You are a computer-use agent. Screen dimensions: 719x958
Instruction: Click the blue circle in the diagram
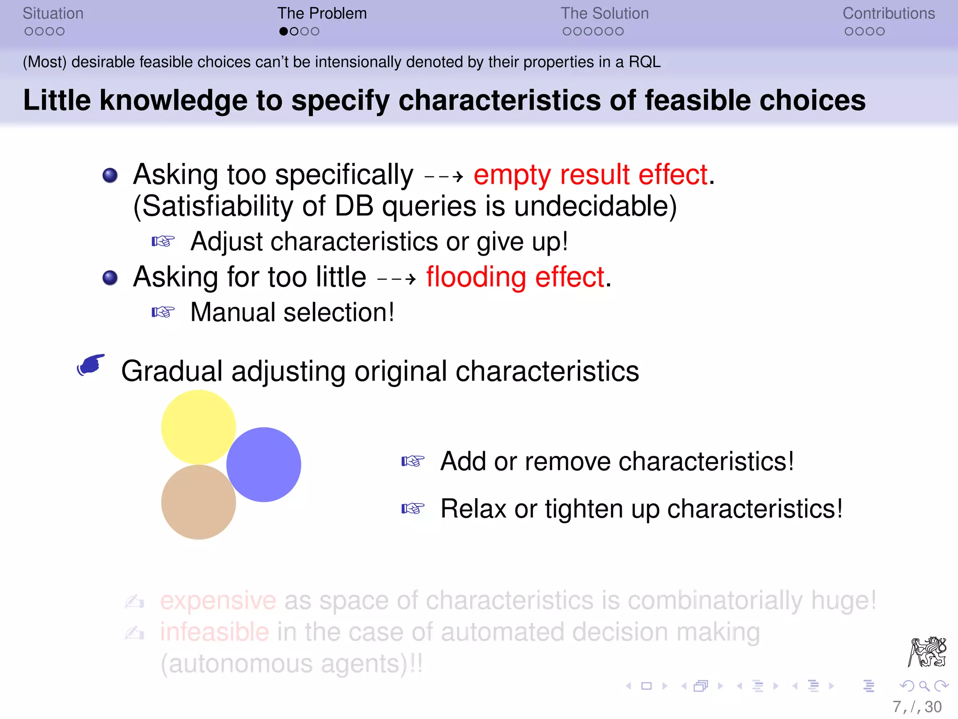pyautogui.click(x=264, y=464)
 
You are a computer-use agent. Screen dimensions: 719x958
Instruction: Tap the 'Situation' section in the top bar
pyautogui.click(x=53, y=14)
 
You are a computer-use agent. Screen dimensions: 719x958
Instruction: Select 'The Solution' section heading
pyautogui.click(x=604, y=14)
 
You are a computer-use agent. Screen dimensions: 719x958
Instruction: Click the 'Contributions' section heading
pyautogui.click(x=888, y=14)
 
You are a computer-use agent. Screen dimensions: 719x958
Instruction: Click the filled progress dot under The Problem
pyautogui.click(x=283, y=31)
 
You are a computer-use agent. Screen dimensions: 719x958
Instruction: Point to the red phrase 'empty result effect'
pyautogui.click(x=590, y=175)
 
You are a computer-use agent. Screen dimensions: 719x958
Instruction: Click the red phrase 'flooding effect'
pyautogui.click(x=515, y=277)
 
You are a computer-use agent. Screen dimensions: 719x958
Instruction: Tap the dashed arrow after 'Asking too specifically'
pyautogui.click(x=443, y=177)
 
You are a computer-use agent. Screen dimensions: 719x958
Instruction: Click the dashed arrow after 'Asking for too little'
pyautogui.click(x=396, y=279)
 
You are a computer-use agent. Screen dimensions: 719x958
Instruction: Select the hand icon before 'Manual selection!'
pyautogui.click(x=163, y=312)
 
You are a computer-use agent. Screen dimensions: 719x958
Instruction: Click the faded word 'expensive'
pyautogui.click(x=218, y=600)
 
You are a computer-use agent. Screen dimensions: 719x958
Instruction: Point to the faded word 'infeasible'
pyautogui.click(x=214, y=632)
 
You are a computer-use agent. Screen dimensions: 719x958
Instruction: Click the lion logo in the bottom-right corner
pyautogui.click(x=927, y=652)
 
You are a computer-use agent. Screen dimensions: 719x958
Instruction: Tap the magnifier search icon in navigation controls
pyautogui.click(x=924, y=686)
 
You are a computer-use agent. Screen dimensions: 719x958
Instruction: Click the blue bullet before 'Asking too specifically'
pyautogui.click(x=110, y=176)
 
